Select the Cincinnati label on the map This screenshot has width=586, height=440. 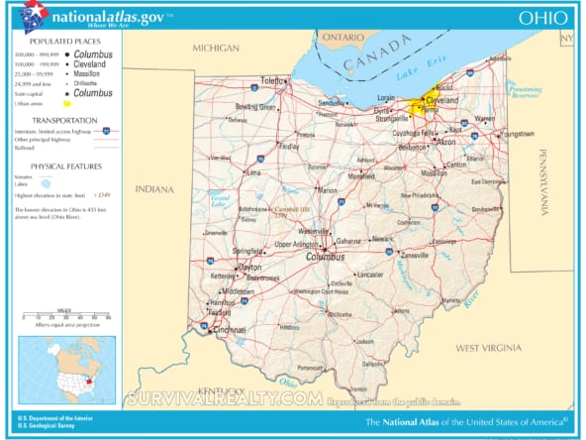point(229,330)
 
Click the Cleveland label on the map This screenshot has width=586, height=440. point(440,101)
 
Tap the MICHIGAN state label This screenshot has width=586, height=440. point(215,48)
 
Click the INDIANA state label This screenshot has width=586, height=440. point(153,188)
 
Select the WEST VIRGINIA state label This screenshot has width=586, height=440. point(487,348)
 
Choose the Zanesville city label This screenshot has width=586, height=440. point(414,255)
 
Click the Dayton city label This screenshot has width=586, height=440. point(249,268)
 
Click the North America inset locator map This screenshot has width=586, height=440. point(66,369)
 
